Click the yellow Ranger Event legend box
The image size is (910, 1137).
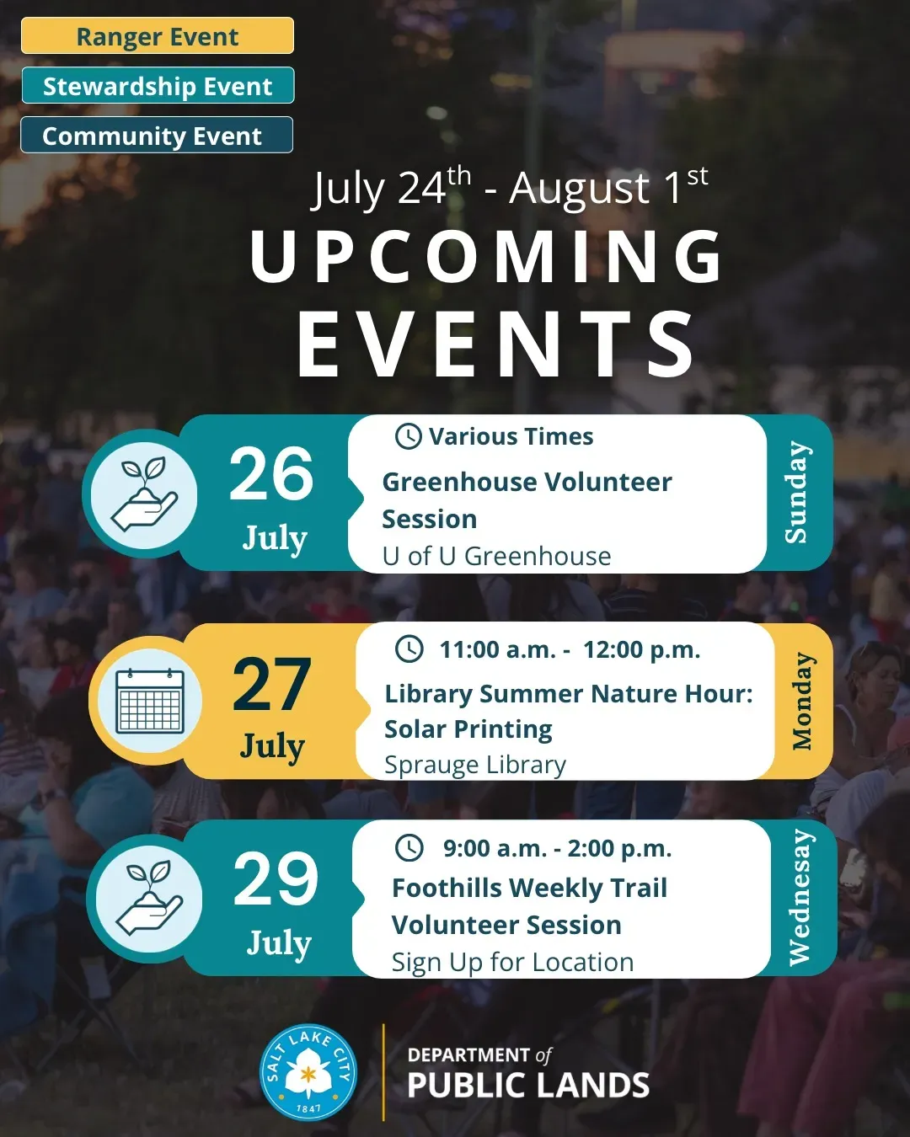[158, 35]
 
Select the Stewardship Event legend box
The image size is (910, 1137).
[158, 85]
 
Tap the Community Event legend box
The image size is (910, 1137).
[157, 135]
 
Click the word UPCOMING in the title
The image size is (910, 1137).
[485, 258]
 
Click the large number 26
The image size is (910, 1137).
[271, 473]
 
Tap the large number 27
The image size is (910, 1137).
[272, 684]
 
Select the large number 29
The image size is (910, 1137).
[276, 879]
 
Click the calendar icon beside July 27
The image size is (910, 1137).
[150, 701]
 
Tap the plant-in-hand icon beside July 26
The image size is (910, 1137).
[144, 494]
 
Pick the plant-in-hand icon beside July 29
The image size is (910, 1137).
[150, 899]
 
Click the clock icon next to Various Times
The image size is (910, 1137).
[408, 436]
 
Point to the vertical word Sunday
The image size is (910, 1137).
[796, 492]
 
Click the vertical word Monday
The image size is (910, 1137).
[802, 701]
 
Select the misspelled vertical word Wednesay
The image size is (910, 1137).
[800, 898]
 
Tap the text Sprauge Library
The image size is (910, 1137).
[475, 765]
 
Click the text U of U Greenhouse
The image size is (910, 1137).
[496, 556]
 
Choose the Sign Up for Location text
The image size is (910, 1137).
[512, 962]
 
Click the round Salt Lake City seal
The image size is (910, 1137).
[308, 1072]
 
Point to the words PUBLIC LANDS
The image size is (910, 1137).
[528, 1086]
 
